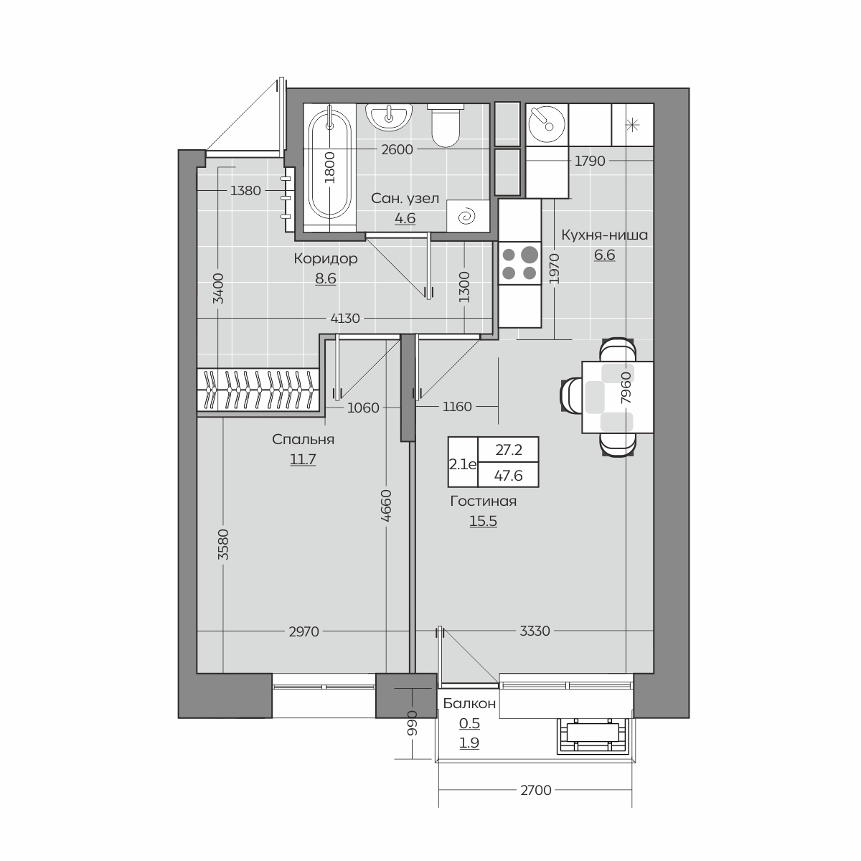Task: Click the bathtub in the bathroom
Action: tap(330, 168)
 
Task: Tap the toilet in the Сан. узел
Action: tap(446, 126)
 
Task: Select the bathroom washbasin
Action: tap(389, 117)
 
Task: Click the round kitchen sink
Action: tap(547, 124)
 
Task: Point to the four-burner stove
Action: tap(519, 263)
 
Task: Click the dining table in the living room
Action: tap(618, 397)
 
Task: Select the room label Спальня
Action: tap(303, 439)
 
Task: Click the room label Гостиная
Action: tap(483, 502)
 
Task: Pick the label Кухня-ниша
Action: tap(604, 235)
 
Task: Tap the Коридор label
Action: tap(326, 259)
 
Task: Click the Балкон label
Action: tap(469, 704)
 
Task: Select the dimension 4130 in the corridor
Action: tap(345, 318)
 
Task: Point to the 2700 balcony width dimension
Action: tap(536, 791)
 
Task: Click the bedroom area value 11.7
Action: tap(303, 459)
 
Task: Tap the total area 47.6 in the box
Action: tap(508, 476)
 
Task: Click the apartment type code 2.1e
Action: tap(463, 465)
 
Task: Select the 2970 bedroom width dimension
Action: tap(304, 631)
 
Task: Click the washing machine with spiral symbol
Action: tap(468, 216)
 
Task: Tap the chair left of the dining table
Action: tap(571, 394)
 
